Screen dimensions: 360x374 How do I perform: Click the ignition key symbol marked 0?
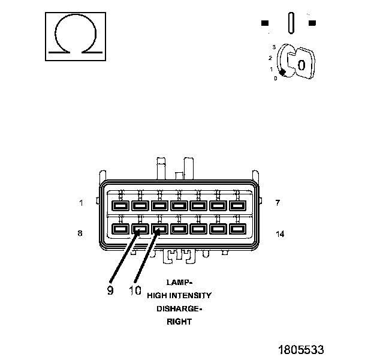pyautogui.click(x=300, y=62)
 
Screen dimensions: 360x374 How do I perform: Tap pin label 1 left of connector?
pyautogui.click(x=81, y=203)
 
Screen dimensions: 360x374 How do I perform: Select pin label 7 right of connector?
pyautogui.click(x=277, y=203)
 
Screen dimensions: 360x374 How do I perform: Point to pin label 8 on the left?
pyautogui.click(x=80, y=233)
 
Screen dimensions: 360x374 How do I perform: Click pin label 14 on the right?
pyautogui.click(x=279, y=233)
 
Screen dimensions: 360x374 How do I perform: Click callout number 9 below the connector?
pyautogui.click(x=110, y=290)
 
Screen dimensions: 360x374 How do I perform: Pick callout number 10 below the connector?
pyautogui.click(x=135, y=290)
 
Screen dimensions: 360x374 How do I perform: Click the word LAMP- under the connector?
pyautogui.click(x=180, y=282)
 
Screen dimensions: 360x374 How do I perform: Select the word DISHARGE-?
pyautogui.click(x=180, y=308)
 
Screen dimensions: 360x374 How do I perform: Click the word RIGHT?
pyautogui.click(x=179, y=322)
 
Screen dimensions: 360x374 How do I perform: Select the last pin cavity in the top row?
pyautogui.click(x=238, y=206)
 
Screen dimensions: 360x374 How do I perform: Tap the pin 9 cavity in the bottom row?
pyautogui.click(x=140, y=229)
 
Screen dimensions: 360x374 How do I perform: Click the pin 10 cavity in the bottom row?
pyautogui.click(x=159, y=229)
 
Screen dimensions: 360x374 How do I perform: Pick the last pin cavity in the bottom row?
pyautogui.click(x=238, y=229)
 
